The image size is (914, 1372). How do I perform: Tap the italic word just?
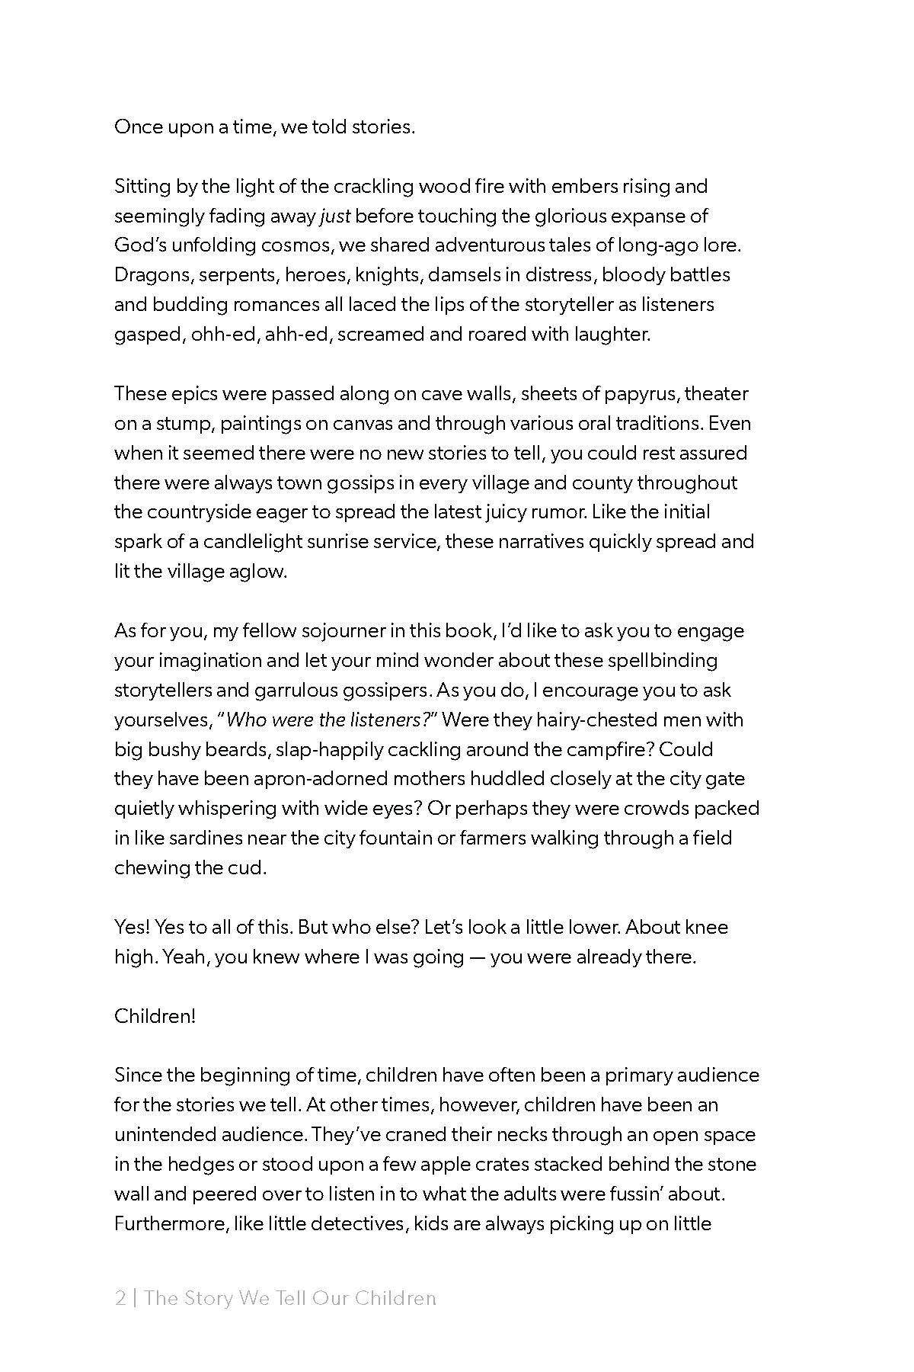[x=335, y=216]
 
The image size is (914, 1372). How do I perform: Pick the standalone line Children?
[x=155, y=1016]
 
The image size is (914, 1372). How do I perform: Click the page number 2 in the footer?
[x=120, y=1298]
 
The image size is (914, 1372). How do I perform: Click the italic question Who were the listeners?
[x=331, y=720]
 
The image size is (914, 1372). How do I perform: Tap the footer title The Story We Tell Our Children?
[x=290, y=1298]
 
